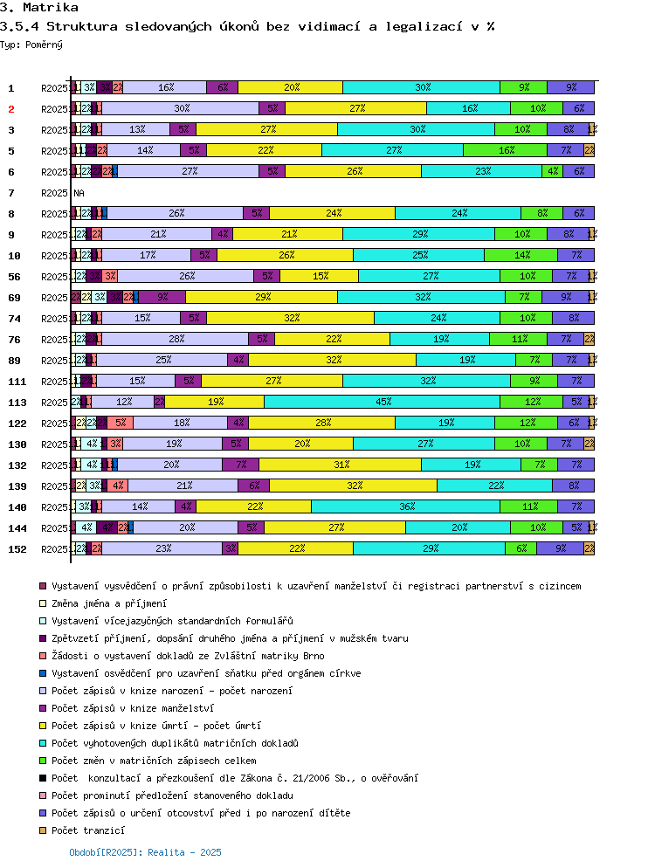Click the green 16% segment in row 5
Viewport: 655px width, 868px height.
(505, 150)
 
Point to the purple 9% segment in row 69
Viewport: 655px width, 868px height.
(162, 297)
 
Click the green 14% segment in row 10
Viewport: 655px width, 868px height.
(521, 255)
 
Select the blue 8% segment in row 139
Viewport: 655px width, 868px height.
(573, 486)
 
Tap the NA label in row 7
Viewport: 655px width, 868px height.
(79, 192)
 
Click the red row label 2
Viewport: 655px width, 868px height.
(11, 108)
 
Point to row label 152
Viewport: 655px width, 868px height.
(17, 548)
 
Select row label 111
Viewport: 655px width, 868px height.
(17, 381)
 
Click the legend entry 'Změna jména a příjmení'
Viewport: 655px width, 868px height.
(109, 603)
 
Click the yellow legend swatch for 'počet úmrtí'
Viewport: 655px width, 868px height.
(42, 726)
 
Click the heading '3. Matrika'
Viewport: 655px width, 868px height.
(33, 8)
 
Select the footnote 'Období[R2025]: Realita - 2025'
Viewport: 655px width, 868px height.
(146, 851)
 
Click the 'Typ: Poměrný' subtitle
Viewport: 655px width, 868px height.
(31, 44)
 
